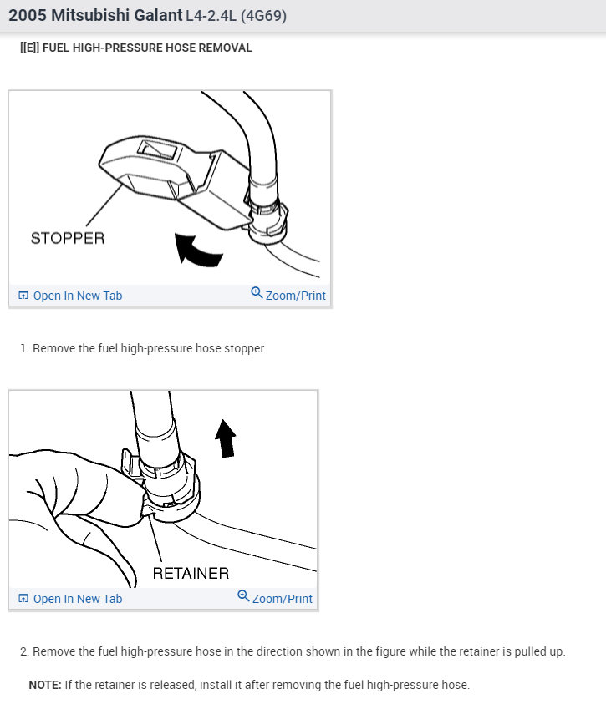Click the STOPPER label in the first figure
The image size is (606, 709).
tap(68, 238)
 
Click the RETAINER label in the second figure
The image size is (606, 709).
tap(191, 573)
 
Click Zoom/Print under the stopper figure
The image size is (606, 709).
tap(295, 296)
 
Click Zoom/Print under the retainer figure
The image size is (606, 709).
tap(282, 599)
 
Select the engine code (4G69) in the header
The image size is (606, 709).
tap(263, 15)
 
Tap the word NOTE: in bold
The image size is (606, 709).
tap(45, 685)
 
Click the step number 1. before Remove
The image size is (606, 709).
tap(24, 348)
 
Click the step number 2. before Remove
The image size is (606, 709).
tap(24, 651)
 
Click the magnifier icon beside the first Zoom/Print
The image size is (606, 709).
tap(257, 294)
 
